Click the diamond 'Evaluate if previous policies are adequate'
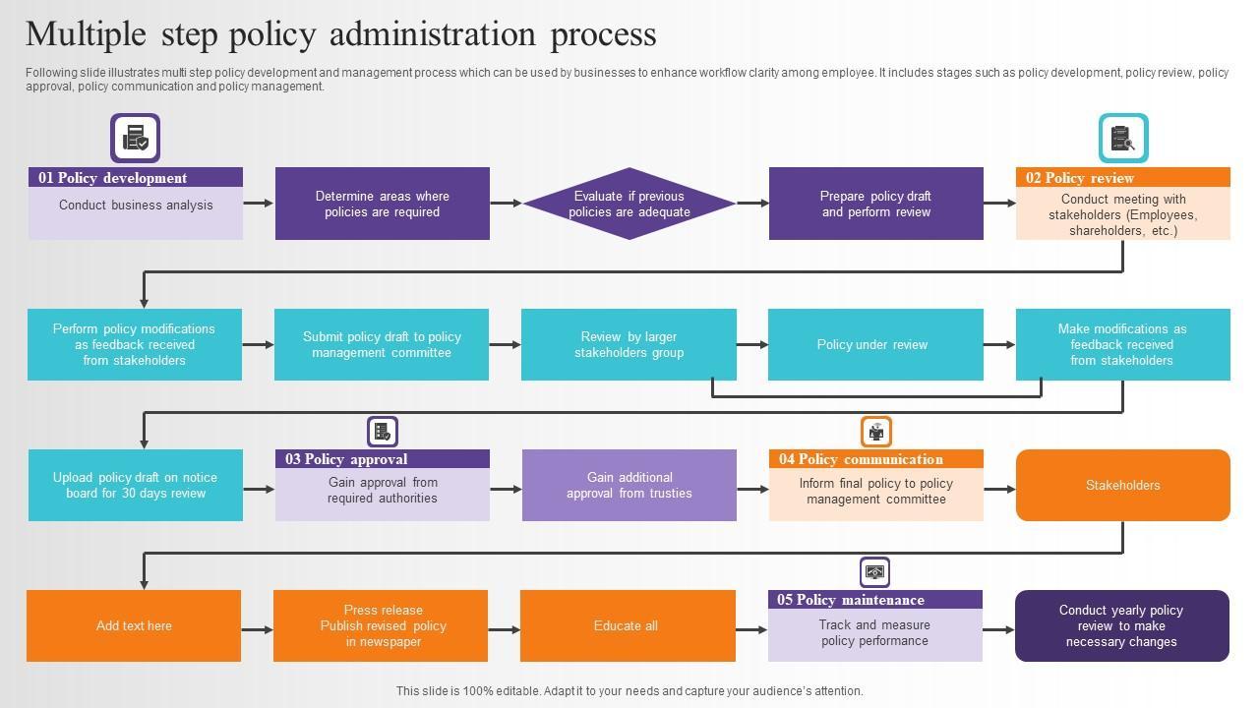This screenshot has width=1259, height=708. pos(629,204)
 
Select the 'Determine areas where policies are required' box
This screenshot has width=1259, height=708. pos(383,204)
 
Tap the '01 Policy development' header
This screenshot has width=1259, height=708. pos(136,178)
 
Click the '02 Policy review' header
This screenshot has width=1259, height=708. pos(1122,178)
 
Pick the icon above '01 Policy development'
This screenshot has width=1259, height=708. pos(136,139)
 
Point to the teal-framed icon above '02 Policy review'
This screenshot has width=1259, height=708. pos(1123,139)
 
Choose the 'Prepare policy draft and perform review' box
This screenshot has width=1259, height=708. pos(875,204)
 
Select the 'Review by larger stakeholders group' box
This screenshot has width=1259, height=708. pos(629,344)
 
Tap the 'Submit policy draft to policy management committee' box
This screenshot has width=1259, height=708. pos(382,344)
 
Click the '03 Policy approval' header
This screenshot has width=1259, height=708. pos(383,459)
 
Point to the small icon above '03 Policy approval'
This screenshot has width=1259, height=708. pos(383,432)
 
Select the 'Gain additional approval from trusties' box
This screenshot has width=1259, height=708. pos(629,485)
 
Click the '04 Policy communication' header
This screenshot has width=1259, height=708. pos(875,459)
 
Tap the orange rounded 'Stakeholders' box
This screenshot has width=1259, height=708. pos(1122,485)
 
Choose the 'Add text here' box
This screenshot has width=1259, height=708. pos(134,625)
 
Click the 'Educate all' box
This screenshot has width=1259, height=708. pos(628,625)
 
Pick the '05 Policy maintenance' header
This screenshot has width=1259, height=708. pos(875,600)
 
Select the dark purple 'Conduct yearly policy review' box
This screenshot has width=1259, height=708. pos(1122,625)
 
